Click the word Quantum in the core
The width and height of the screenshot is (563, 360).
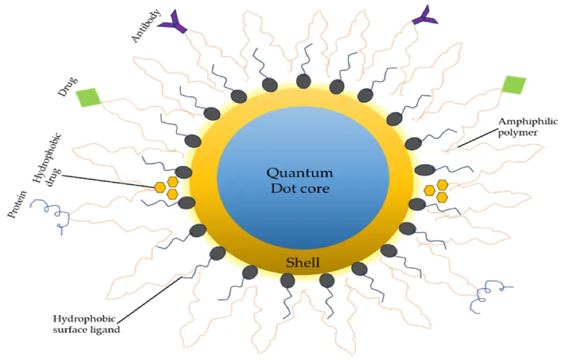pos(300,173)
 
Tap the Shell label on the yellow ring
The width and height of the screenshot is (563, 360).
pos(303,262)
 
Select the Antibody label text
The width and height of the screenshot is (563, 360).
pos(145,27)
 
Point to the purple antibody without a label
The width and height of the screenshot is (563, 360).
pos(425,16)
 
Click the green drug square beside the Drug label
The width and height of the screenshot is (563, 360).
pos(88,97)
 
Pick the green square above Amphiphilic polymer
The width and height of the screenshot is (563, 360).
pos(514,85)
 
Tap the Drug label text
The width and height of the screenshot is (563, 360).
pos(67,86)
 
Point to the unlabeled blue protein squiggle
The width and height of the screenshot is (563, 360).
pos(490,296)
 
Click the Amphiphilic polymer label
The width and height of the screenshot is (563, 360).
pos(528,127)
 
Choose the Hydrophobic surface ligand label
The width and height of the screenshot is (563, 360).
pos(86,324)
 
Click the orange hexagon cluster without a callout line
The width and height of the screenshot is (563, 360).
pos(436,190)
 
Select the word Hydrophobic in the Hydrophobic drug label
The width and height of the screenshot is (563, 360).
pos(47,158)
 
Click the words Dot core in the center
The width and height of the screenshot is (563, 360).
pos(300,189)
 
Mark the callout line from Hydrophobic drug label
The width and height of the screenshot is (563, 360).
pos(108,181)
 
